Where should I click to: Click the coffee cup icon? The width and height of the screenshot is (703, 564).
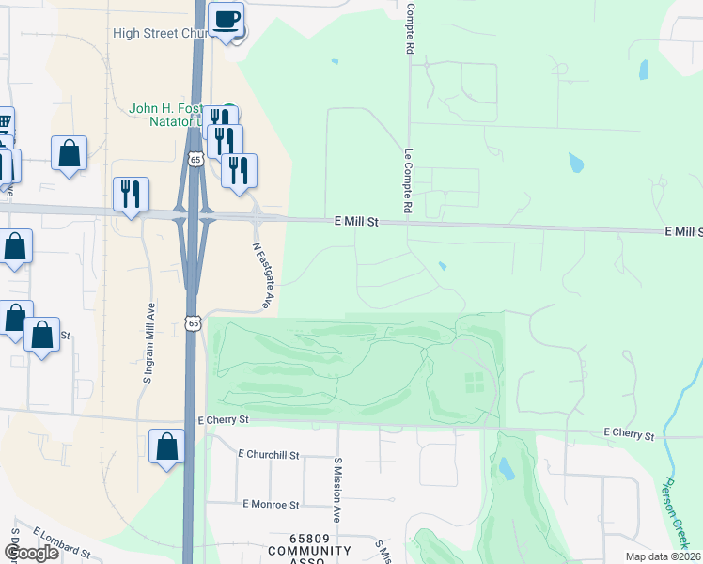pyautogui.click(x=226, y=20)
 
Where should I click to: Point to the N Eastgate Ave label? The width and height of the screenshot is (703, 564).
pyautogui.click(x=262, y=276)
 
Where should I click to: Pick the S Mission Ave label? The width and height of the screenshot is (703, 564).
pyautogui.click(x=336, y=490)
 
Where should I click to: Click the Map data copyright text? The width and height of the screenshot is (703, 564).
pyautogui.click(x=663, y=556)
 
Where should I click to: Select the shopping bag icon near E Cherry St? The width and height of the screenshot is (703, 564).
pyautogui.click(x=166, y=446)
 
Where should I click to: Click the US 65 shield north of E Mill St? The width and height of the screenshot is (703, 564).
pyautogui.click(x=195, y=160)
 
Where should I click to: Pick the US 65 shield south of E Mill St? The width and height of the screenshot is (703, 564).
pyautogui.click(x=193, y=323)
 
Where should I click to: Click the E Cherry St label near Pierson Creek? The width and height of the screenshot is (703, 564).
pyautogui.click(x=629, y=435)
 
